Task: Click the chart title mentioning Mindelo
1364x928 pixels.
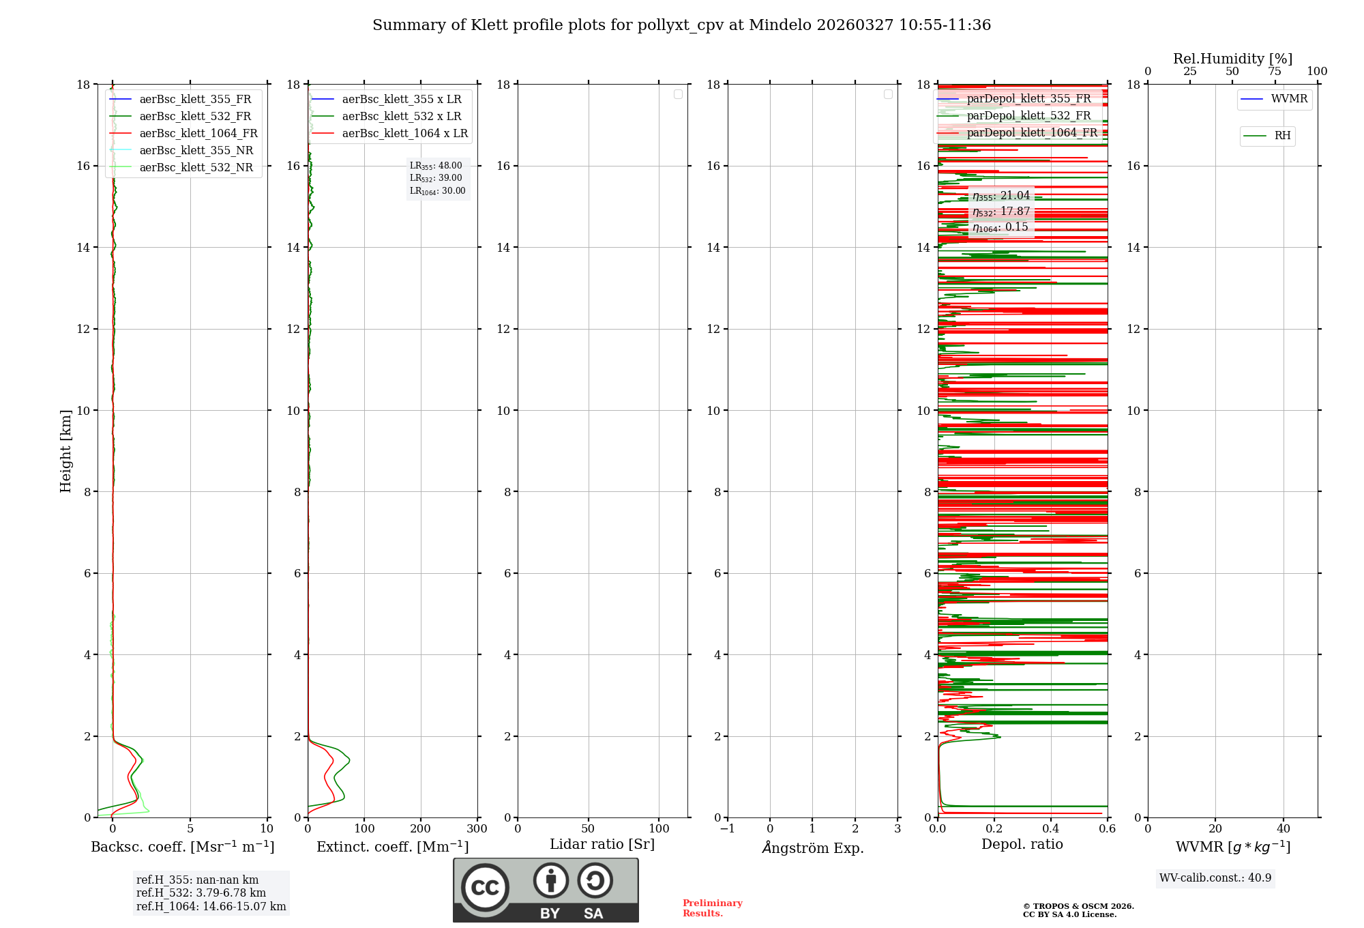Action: click(681, 25)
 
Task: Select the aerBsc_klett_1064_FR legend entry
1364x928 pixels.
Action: click(198, 134)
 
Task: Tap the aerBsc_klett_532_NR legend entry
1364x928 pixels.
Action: click(196, 168)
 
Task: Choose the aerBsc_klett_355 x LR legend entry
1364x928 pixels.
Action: click(401, 100)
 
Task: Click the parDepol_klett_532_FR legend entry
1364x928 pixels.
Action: click(1028, 116)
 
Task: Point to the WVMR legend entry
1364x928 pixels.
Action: click(1288, 99)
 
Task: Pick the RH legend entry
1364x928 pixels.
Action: click(1282, 136)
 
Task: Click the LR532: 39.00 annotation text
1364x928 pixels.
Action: click(436, 178)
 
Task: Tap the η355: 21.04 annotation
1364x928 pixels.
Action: click(1000, 196)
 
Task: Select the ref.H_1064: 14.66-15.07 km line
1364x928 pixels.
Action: click(211, 907)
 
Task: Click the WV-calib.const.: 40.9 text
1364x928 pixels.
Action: click(1215, 878)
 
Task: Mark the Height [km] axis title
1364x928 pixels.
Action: click(65, 451)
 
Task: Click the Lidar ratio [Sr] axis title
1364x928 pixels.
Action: click(602, 845)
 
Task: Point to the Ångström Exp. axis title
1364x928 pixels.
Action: click(812, 848)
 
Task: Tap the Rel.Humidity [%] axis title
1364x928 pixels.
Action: click(1232, 59)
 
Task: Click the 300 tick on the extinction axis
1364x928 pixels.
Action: click(477, 829)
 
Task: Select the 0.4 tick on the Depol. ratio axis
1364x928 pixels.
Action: click(1051, 829)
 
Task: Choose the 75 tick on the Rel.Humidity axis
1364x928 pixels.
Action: click(1275, 72)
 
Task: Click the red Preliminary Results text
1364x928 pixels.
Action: click(712, 908)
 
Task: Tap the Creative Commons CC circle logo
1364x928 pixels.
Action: click(485, 888)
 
